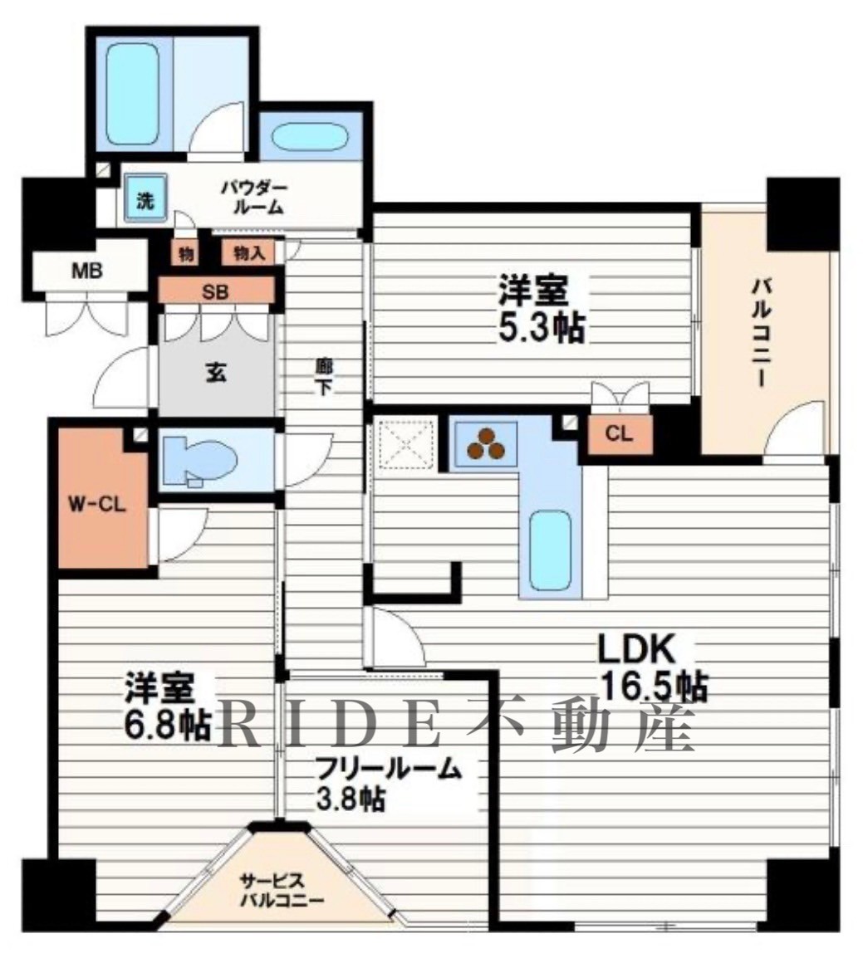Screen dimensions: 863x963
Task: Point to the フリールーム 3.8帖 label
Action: coord(388,785)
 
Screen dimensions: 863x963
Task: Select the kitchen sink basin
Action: coord(550,549)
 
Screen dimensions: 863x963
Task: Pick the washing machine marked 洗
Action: coord(145,198)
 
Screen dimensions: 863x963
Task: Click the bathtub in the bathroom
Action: coord(132,93)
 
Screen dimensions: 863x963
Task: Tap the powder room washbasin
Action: coord(310,138)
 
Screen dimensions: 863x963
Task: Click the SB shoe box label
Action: coord(216,291)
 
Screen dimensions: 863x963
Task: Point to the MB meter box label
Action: coord(87,271)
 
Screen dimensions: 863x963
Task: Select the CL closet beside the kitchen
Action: coord(619,434)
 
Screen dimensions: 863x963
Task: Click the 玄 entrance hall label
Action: coord(215,372)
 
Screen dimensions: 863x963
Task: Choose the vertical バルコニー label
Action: coord(761,331)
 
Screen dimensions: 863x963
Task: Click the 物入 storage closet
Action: coord(249,252)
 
